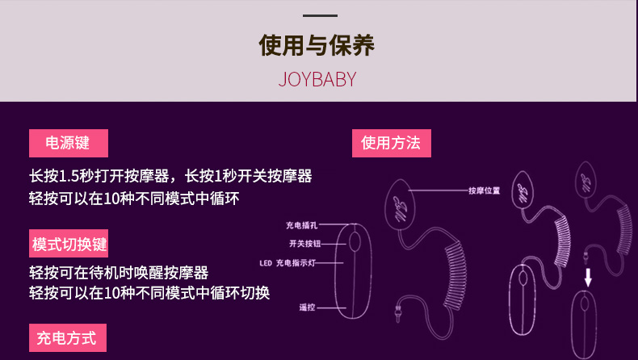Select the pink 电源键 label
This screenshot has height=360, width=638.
68,144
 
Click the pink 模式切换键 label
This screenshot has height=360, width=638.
69,244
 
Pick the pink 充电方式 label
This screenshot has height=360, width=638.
67,337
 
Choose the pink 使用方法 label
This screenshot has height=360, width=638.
391,144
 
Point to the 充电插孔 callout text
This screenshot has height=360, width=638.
301,226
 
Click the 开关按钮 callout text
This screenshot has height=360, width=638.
304,243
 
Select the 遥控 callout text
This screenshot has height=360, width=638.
306,308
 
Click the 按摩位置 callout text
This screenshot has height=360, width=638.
484,191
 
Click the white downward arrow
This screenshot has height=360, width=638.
588,277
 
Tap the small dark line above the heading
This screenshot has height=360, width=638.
318,15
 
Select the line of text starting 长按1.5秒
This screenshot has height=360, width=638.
170,176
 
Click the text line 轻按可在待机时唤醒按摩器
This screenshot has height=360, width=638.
119,272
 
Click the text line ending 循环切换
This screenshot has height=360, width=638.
149,293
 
